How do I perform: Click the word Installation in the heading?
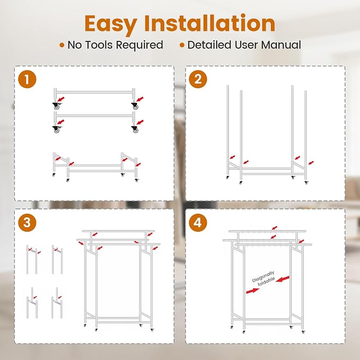pyautogui.click(x=209, y=23)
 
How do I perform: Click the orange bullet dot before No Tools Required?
pyautogui.click(x=62, y=45)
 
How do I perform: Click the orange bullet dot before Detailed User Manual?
pyautogui.click(x=182, y=45)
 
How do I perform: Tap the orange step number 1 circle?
pyautogui.click(x=27, y=79)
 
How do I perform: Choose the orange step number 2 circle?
pyautogui.click(x=198, y=79)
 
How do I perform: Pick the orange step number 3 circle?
pyautogui.click(x=27, y=223)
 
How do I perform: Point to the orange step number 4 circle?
pyautogui.click(x=198, y=223)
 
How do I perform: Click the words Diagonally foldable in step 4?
pyautogui.click(x=264, y=279)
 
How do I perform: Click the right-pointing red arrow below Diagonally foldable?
pyautogui.click(x=252, y=291)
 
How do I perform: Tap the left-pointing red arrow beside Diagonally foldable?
pyautogui.click(x=283, y=279)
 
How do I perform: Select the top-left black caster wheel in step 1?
pyautogui.click(x=56, y=106)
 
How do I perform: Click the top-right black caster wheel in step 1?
pyautogui.click(x=135, y=106)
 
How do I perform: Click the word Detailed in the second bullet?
pyautogui.click(x=209, y=45)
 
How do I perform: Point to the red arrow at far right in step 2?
pyautogui.click(x=311, y=163)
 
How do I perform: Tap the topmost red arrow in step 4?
pyautogui.click(x=275, y=228)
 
